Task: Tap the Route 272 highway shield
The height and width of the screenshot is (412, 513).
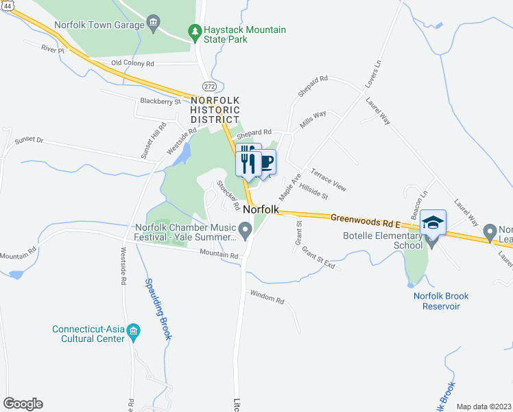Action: click(x=209, y=85)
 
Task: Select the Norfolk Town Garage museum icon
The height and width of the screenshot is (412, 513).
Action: click(x=153, y=25)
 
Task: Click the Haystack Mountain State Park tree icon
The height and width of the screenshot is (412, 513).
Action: click(x=195, y=32)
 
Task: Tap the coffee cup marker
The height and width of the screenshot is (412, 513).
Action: click(x=265, y=162)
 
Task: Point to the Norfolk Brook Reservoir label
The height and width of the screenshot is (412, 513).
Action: click(x=441, y=301)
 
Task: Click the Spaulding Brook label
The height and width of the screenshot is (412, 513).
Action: click(x=158, y=309)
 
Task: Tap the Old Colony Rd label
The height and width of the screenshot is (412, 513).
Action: click(x=133, y=63)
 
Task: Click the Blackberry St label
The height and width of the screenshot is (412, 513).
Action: click(x=159, y=101)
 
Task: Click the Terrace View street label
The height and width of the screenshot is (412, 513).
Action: click(x=329, y=179)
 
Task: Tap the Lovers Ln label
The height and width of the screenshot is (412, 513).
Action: click(x=373, y=73)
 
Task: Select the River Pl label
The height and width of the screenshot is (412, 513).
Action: click(x=51, y=49)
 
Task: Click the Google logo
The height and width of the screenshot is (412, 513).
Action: click(x=23, y=404)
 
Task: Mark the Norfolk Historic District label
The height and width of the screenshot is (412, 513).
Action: click(x=215, y=110)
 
